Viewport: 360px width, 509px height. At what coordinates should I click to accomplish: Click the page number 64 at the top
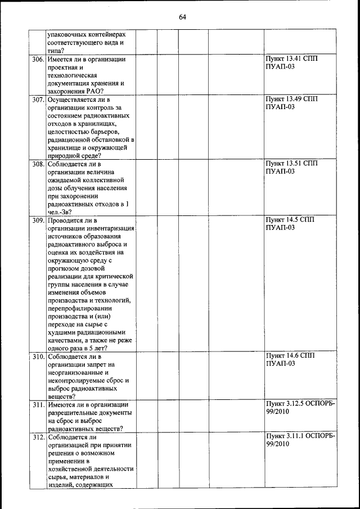tap(182, 17)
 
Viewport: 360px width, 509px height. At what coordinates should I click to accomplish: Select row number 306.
tap(38, 59)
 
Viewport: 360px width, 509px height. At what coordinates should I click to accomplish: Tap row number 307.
tap(38, 100)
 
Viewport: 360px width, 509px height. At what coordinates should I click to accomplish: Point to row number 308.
tap(38, 164)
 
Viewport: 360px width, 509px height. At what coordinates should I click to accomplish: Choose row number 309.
tap(38, 220)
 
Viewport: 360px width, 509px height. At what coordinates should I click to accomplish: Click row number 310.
tap(38, 357)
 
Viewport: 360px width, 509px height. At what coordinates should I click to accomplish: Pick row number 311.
tap(38, 404)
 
